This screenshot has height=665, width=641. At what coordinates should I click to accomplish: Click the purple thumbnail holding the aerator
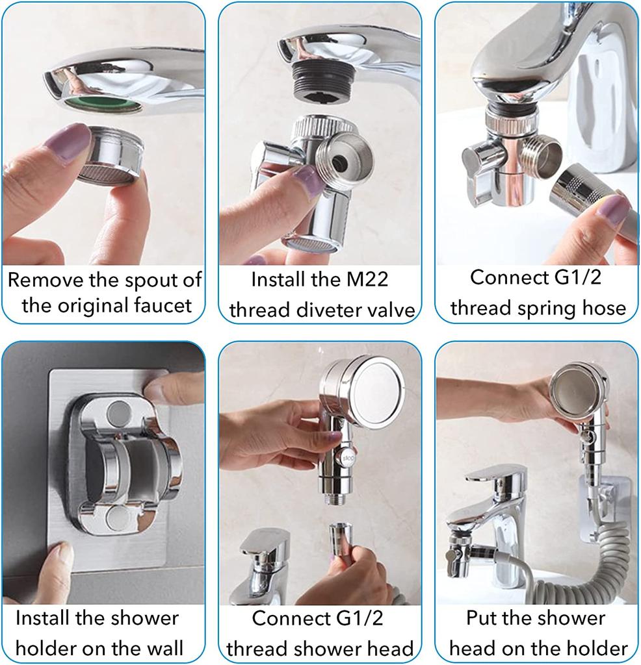click(x=68, y=142)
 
